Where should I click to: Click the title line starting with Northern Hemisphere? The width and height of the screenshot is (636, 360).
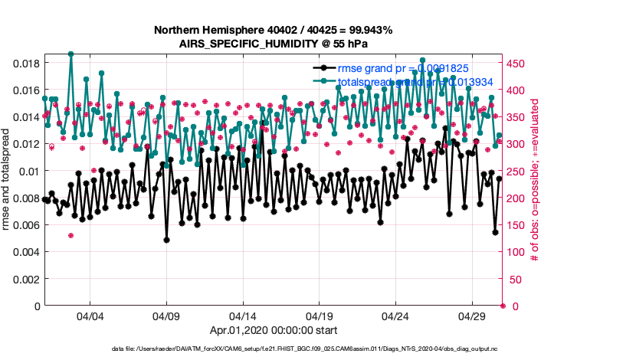coord(273,31)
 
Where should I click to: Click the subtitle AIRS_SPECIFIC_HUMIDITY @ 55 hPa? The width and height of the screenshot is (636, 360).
coord(273,44)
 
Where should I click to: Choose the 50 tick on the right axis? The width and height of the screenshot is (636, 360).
coord(514,279)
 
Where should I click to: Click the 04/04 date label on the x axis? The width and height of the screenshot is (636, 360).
coord(90,316)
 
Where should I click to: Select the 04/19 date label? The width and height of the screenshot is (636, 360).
coord(319,316)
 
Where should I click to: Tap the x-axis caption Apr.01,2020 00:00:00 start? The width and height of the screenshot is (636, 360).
coord(273,330)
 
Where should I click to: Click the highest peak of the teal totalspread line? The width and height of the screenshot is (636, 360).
coord(70,54)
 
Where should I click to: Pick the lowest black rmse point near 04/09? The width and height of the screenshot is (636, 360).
coord(166,240)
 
